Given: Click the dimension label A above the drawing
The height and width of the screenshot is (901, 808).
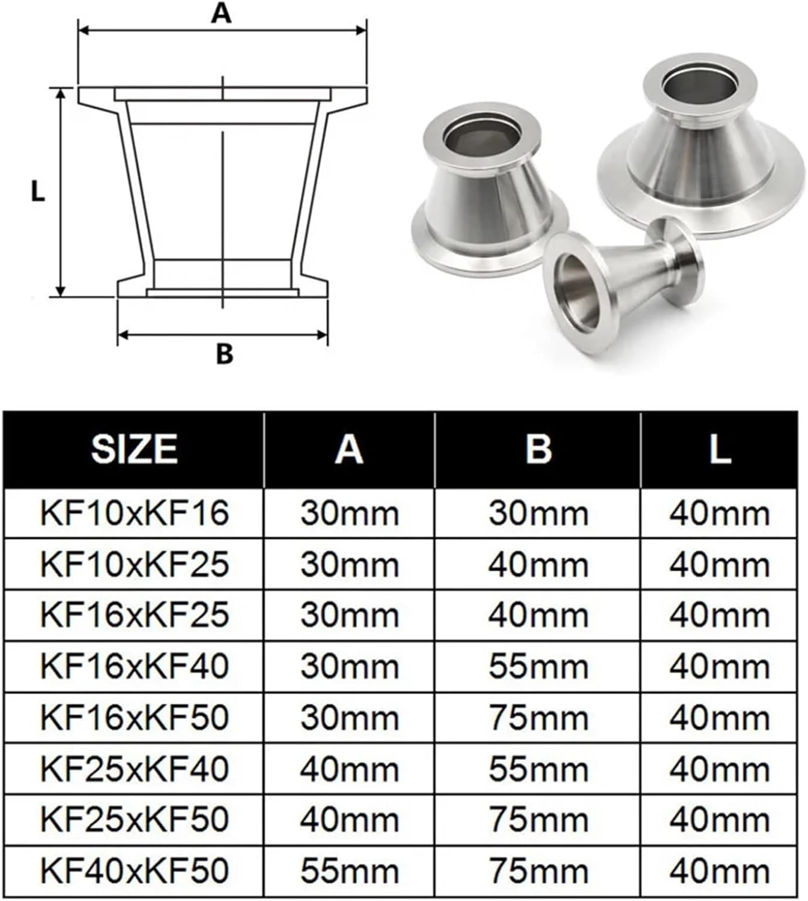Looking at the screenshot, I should click(221, 13).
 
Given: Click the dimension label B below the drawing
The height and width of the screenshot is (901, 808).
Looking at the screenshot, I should click(224, 354).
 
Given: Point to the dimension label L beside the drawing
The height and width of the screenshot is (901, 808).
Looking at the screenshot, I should click(38, 192).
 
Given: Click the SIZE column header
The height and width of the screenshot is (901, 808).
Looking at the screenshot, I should click(134, 449).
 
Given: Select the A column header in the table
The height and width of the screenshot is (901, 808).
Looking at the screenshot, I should click(349, 449).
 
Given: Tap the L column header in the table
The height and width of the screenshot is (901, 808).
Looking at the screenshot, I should click(719, 449).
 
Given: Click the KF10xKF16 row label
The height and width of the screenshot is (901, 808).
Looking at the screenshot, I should click(135, 514).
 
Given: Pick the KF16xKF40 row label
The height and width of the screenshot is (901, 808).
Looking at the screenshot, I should click(135, 666).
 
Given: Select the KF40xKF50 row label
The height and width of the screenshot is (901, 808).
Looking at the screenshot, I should click(135, 870).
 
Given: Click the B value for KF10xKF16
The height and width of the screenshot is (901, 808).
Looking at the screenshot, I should click(538, 514).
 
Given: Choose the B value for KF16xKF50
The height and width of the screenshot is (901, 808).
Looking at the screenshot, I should click(538, 718).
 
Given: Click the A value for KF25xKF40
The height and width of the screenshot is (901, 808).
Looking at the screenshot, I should click(350, 769).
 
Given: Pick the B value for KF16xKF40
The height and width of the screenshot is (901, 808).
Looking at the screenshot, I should click(538, 667).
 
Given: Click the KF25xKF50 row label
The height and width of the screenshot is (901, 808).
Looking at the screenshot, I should click(135, 819).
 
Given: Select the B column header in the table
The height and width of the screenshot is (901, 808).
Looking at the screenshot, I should click(538, 449).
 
